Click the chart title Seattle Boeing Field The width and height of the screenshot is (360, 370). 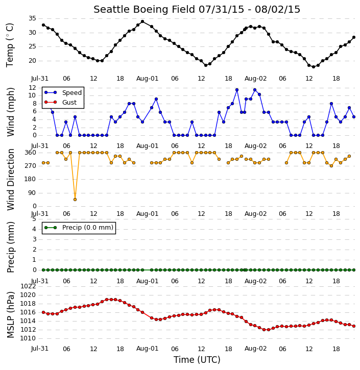(x=145, y=9)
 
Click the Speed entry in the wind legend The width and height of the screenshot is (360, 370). (x=63, y=92)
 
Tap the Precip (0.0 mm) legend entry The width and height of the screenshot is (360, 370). (x=79, y=228)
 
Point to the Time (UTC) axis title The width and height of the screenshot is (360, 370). (x=197, y=360)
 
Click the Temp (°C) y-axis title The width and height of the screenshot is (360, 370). (x=10, y=45)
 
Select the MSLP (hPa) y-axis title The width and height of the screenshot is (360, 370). (x=10, y=315)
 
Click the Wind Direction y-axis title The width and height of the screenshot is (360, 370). (x=10, y=180)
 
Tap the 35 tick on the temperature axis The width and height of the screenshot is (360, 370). (x=32, y=18)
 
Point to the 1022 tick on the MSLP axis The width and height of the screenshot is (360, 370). (x=28, y=286)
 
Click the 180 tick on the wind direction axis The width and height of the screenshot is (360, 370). (x=31, y=179)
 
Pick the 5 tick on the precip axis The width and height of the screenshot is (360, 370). (x=34, y=219)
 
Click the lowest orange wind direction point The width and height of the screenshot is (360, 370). (x=75, y=200)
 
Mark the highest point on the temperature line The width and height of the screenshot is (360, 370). (x=142, y=21)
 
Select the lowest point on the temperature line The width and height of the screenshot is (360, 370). (x=314, y=67)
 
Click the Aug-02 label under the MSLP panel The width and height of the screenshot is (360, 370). (x=255, y=349)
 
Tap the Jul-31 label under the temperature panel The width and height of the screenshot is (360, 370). (x=40, y=79)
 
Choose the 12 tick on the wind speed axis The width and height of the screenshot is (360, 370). (x=32, y=88)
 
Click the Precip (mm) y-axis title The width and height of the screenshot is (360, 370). (x=10, y=248)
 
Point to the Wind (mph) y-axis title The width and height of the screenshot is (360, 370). (x=10, y=112)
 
